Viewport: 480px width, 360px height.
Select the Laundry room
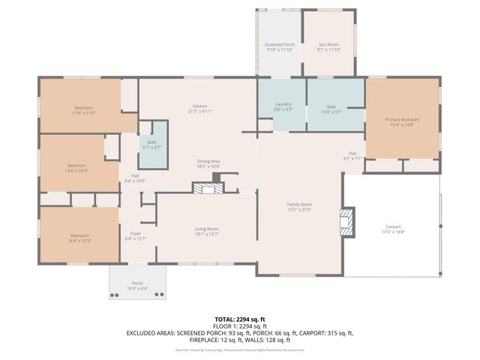click(x=283, y=106)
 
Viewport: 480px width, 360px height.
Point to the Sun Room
click(x=328, y=47)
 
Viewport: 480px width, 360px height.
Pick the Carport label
click(x=393, y=229)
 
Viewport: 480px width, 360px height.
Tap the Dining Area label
click(x=208, y=163)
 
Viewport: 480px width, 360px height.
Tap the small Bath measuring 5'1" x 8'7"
click(x=152, y=145)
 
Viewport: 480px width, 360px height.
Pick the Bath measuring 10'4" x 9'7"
click(x=331, y=109)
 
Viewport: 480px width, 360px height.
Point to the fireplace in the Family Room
click(x=347, y=222)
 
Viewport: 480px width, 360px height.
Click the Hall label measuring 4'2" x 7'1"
click(x=352, y=156)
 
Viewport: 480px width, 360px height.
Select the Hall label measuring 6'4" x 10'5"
click(x=135, y=178)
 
